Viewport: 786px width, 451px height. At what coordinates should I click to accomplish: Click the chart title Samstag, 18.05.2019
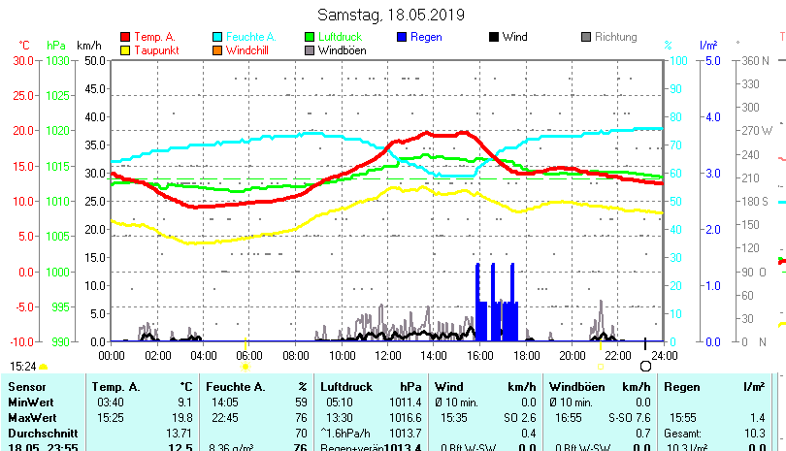pyautogui.click(x=391, y=16)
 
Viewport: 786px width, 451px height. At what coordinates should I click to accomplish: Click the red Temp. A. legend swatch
pyautogui.click(x=124, y=37)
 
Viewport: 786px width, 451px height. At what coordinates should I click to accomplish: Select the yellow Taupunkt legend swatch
pyautogui.click(x=124, y=49)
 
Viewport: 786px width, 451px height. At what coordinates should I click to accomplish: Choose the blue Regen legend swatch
pyautogui.click(x=403, y=37)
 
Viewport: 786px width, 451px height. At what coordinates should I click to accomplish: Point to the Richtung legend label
pyautogui.click(x=615, y=37)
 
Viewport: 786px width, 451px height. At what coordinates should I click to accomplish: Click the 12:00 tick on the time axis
pyautogui.click(x=387, y=355)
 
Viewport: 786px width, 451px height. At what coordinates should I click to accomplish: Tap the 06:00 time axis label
pyautogui.click(x=249, y=355)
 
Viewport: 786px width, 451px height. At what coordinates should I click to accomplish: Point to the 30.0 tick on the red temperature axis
pyautogui.click(x=23, y=60)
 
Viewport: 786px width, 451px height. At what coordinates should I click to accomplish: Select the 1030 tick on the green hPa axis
pyautogui.click(x=57, y=60)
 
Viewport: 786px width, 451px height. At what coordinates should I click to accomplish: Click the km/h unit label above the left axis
pyautogui.click(x=88, y=46)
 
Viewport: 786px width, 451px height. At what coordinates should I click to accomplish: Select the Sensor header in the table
pyautogui.click(x=27, y=387)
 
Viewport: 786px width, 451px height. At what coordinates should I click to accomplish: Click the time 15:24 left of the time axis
pyautogui.click(x=23, y=367)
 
